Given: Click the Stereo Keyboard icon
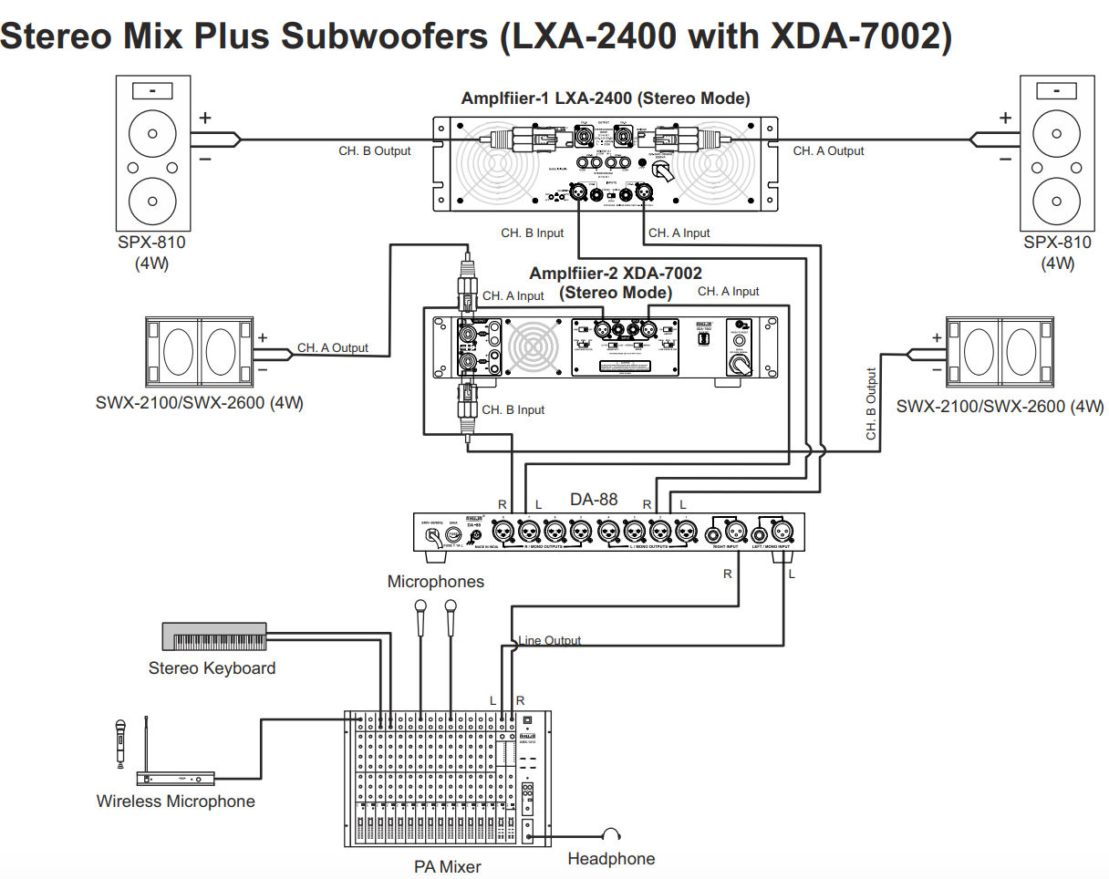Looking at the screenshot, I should [x=214, y=636].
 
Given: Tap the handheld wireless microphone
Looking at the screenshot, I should [x=119, y=741].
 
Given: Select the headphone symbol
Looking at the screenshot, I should [x=611, y=833].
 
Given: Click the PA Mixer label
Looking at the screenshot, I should [x=447, y=866].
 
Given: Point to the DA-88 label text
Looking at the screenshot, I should [x=594, y=499].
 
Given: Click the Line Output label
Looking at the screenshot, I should [x=549, y=640].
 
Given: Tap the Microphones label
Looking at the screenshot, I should [x=436, y=581].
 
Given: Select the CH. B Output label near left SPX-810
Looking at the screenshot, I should [x=375, y=150].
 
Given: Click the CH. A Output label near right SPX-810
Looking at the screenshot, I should [x=828, y=150].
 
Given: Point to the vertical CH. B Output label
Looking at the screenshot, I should [x=871, y=404].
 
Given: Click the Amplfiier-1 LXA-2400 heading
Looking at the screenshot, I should [x=606, y=98].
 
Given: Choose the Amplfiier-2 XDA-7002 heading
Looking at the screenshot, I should [x=616, y=274].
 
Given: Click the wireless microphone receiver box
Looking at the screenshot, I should [x=176, y=778].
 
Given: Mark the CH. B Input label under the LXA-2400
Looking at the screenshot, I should [x=533, y=233].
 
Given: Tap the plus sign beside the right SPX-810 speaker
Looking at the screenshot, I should [x=1005, y=118].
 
